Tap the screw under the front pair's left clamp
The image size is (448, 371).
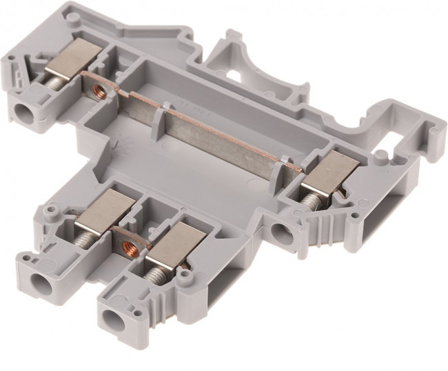(85, 237)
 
